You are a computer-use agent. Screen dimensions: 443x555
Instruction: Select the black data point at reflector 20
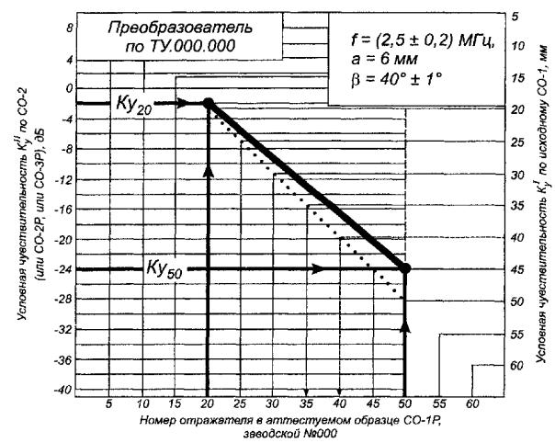[209, 104]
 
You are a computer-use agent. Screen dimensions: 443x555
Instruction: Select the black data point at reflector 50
[406, 268]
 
